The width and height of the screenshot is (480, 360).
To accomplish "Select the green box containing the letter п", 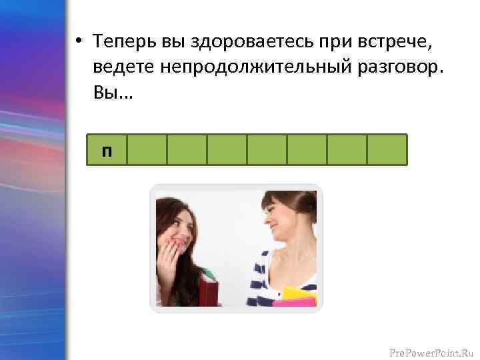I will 107,149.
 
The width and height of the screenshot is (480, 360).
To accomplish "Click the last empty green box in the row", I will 387,149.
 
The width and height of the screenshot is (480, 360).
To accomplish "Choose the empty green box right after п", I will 147,149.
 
